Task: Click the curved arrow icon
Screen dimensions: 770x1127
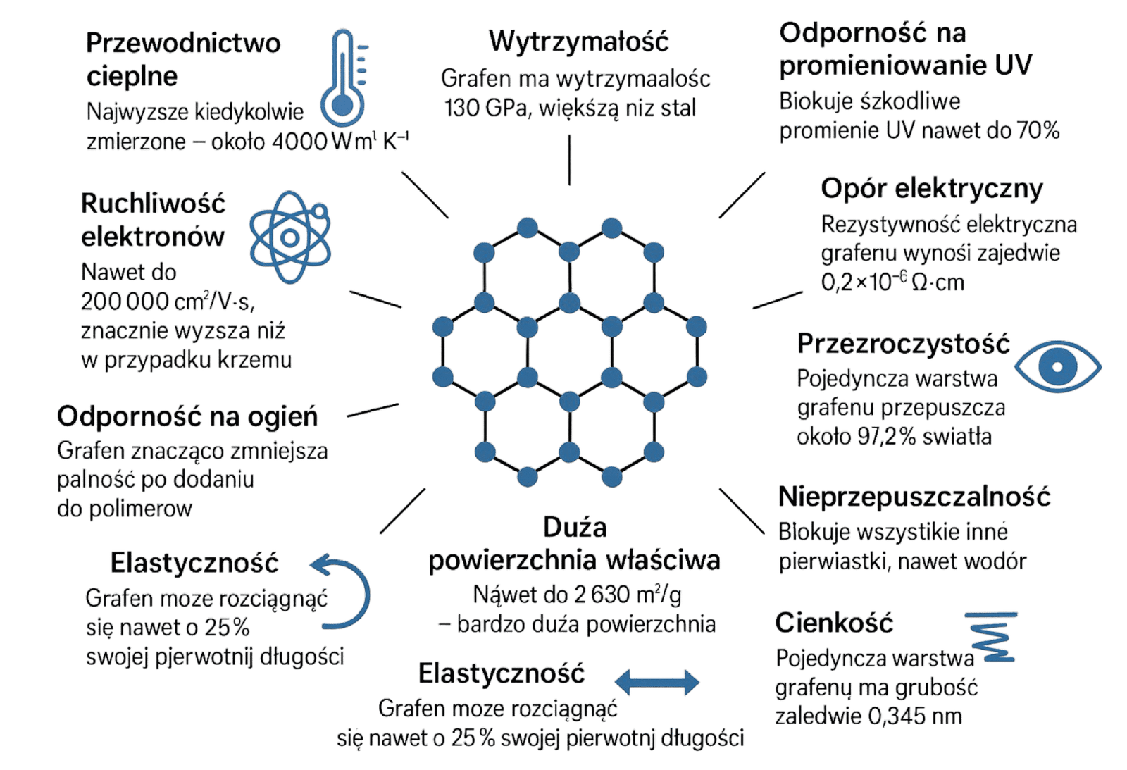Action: (x=344, y=591)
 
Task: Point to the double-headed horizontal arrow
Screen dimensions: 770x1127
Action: (x=657, y=682)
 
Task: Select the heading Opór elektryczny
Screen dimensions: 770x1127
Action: (x=931, y=189)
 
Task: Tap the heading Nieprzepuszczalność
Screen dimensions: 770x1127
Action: (x=914, y=497)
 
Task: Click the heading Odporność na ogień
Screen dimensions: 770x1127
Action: (x=187, y=416)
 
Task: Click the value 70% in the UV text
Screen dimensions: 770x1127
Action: (x=1038, y=131)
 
